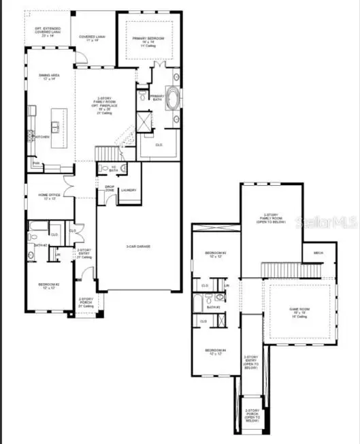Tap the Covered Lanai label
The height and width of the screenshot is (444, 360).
pos(91,38)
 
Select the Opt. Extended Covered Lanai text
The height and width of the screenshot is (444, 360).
pos(48,31)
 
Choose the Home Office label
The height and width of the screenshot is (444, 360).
pos(50,196)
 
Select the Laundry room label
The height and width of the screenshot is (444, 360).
pos(128,191)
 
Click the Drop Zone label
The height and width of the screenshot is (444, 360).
pos(109,189)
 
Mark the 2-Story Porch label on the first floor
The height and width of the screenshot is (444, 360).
pos(86,302)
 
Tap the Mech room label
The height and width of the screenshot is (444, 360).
pos(318,253)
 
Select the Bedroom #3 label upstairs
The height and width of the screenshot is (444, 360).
pos(216,255)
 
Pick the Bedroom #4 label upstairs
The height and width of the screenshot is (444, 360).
pos(216,351)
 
